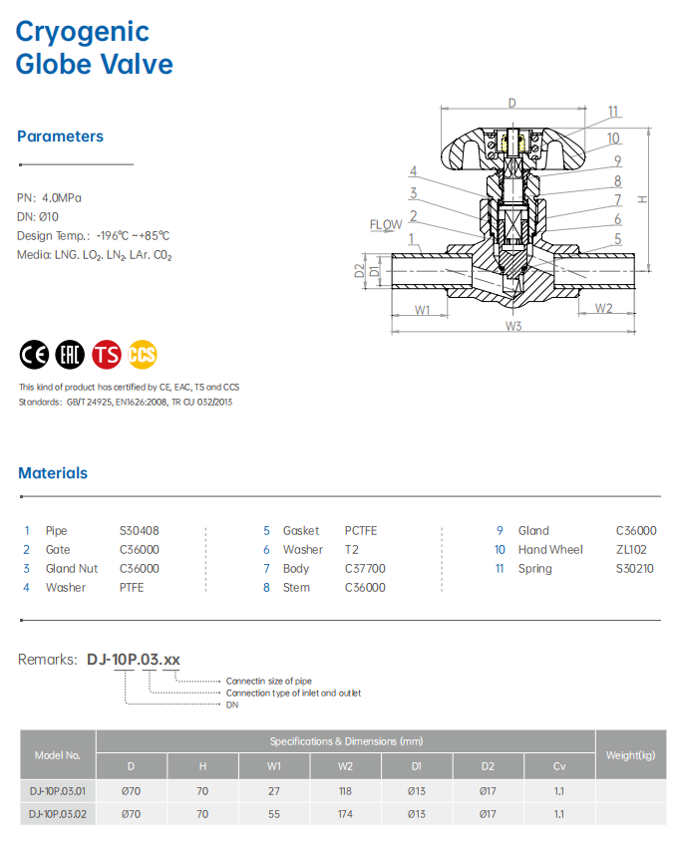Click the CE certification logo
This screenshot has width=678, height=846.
34,355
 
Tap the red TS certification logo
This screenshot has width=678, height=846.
107,355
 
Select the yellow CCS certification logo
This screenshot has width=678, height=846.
143,355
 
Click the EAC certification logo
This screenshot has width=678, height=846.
70,355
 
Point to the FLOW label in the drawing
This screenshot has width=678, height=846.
386,225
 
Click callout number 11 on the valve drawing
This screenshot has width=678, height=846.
613,112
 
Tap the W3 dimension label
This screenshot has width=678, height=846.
513,325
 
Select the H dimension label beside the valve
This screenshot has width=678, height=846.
643,199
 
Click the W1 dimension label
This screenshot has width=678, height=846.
422,309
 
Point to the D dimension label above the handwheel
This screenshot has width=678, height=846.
511,103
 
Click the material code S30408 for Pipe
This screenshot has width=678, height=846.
140,531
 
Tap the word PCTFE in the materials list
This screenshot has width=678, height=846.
361,531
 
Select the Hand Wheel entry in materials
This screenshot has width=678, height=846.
551,550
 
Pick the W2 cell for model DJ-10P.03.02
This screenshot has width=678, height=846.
346,814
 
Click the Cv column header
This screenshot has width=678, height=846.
559,766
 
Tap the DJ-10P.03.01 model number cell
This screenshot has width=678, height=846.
58,790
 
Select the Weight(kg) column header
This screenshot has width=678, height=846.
630,754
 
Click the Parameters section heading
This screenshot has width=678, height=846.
61,137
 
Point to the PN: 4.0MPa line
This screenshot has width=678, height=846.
49,197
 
